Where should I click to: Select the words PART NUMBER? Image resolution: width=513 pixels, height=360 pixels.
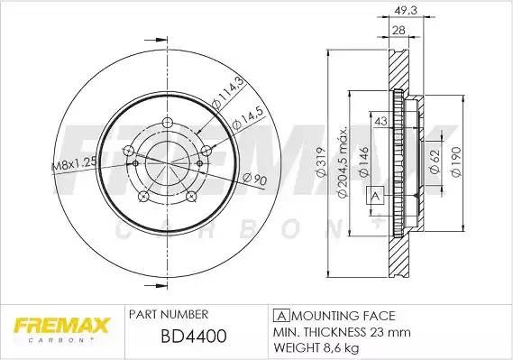click(171, 315)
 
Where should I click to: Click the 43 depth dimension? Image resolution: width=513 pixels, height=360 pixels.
click(380, 122)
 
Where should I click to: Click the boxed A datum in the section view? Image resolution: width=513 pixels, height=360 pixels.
click(375, 194)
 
